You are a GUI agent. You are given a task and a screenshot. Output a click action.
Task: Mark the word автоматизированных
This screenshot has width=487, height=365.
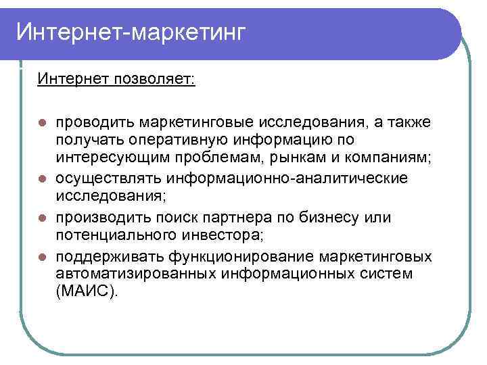(135, 274)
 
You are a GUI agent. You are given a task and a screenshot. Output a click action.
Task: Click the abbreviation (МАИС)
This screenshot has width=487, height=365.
(87, 292)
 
